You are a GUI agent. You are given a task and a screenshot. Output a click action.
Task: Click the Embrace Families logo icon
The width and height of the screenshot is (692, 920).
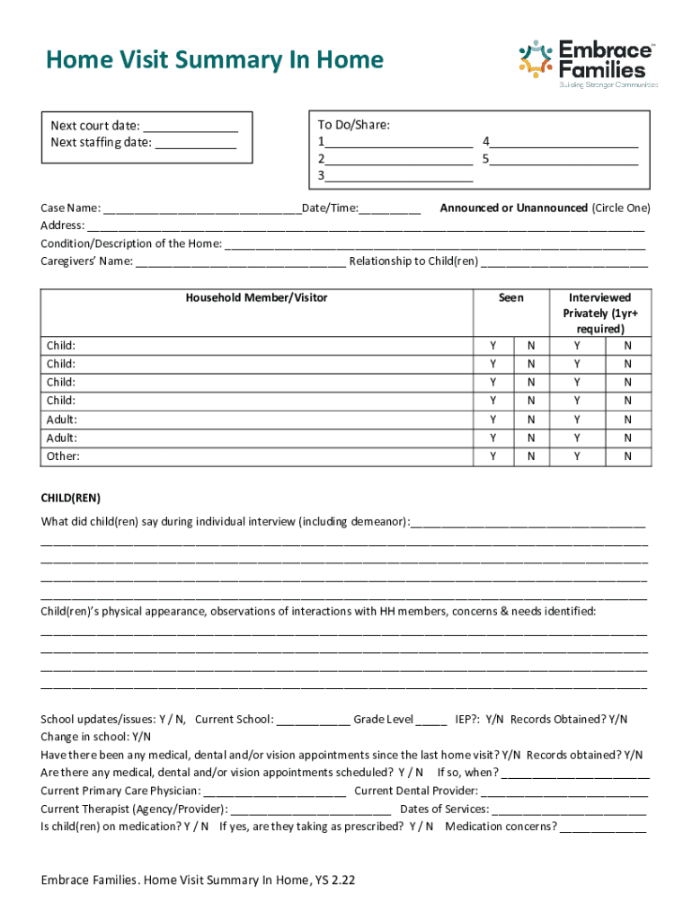[x=536, y=59]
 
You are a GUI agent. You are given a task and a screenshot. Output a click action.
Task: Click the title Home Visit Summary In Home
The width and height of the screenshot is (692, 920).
[x=215, y=60]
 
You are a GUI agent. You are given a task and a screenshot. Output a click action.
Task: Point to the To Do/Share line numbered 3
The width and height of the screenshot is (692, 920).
[x=399, y=177]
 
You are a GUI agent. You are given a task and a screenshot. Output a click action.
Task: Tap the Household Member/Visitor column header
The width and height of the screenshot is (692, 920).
[x=256, y=297]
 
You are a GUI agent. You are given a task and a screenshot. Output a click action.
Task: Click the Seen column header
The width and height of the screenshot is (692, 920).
[x=510, y=297]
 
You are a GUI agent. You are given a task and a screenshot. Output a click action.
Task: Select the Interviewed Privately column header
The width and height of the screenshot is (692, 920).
[x=597, y=313]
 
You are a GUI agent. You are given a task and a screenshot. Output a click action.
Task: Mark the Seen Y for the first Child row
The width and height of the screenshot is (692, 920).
[x=492, y=346]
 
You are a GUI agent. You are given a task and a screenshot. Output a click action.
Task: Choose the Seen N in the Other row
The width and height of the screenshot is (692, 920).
[x=530, y=456]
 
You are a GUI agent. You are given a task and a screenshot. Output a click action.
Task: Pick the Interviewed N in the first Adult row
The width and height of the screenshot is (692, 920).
[x=628, y=420]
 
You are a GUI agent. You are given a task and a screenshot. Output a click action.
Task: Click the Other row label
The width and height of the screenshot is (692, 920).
[x=63, y=456]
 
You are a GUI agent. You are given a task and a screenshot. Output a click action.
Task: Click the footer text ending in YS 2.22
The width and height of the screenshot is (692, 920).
[x=198, y=880]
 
